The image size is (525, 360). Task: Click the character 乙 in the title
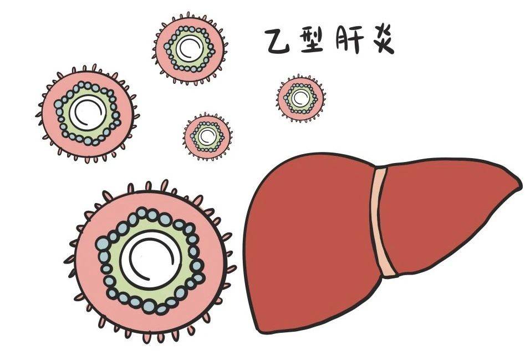277,41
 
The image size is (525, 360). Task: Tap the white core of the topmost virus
190,48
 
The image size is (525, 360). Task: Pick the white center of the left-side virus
88,113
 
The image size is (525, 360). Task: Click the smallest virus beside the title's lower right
300,98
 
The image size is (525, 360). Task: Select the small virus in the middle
207,136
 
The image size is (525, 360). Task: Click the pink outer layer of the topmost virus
161,49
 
